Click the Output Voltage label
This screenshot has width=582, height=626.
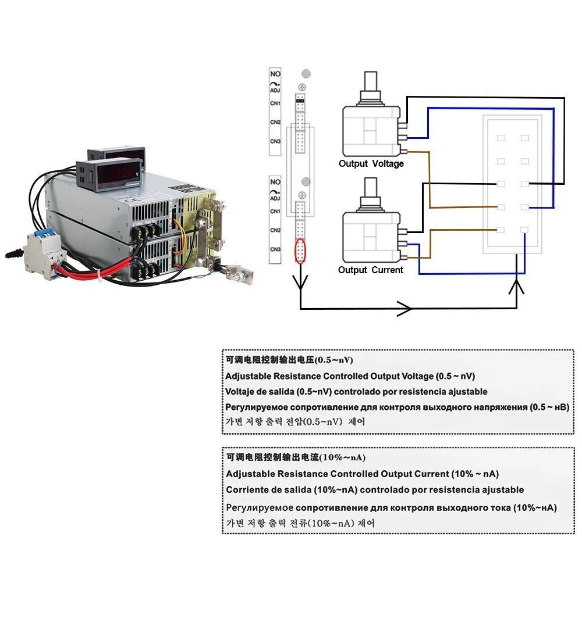point(371,164)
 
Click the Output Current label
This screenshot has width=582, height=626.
point(370,270)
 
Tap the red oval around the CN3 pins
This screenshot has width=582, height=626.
point(300,251)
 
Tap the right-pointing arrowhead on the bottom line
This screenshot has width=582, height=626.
point(404,308)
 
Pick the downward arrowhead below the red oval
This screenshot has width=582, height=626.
point(300,282)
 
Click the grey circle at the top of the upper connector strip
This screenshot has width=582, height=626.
point(306,74)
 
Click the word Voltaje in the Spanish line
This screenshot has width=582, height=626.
point(241,392)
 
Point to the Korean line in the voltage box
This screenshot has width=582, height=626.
point(296,421)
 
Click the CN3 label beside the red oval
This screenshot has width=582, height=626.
point(275,250)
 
